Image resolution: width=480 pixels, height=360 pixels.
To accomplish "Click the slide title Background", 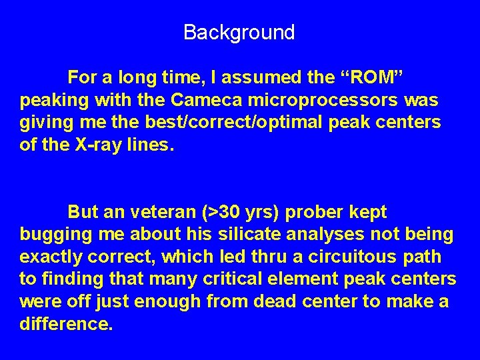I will [x=239, y=32].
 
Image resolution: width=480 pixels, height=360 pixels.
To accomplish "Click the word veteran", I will [x=160, y=213].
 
